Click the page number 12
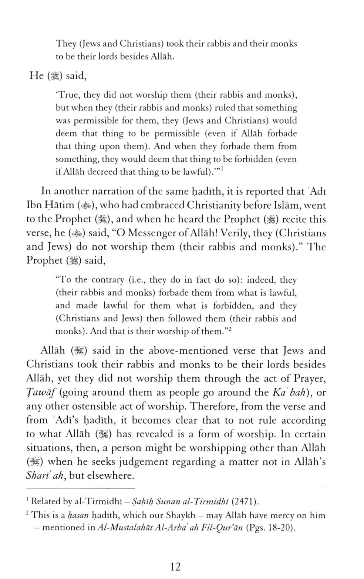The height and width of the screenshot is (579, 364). (x=175, y=566)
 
